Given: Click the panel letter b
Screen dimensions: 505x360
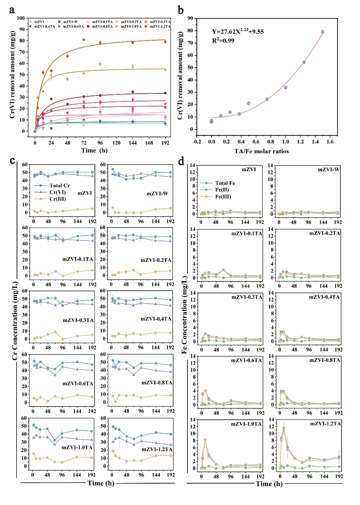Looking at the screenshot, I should (x=181, y=10).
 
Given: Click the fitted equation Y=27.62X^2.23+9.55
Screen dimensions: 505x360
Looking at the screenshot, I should (x=238, y=31).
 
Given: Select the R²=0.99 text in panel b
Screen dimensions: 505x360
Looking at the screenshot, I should (x=223, y=41).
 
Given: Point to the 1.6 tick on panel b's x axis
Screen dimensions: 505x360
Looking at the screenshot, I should (x=330, y=142).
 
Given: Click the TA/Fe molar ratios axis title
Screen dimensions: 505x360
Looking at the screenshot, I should (x=261, y=151).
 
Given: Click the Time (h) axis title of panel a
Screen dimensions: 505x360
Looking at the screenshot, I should (x=94, y=151).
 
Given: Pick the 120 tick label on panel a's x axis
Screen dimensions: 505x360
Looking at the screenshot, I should (x=116, y=143).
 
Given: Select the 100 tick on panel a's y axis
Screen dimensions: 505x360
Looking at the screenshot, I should (x=21, y=18).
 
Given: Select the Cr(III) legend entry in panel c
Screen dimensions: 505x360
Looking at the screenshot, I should (x=58, y=199).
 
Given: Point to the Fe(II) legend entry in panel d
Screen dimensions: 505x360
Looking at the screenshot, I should (x=222, y=190).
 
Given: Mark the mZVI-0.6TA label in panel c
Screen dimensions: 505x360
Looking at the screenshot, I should (x=78, y=384).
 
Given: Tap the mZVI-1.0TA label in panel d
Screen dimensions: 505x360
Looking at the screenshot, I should (x=246, y=424).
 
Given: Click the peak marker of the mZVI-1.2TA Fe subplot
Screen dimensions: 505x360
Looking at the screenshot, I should (x=284, y=428).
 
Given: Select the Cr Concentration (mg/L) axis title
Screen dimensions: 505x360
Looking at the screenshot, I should (x=15, y=321).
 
